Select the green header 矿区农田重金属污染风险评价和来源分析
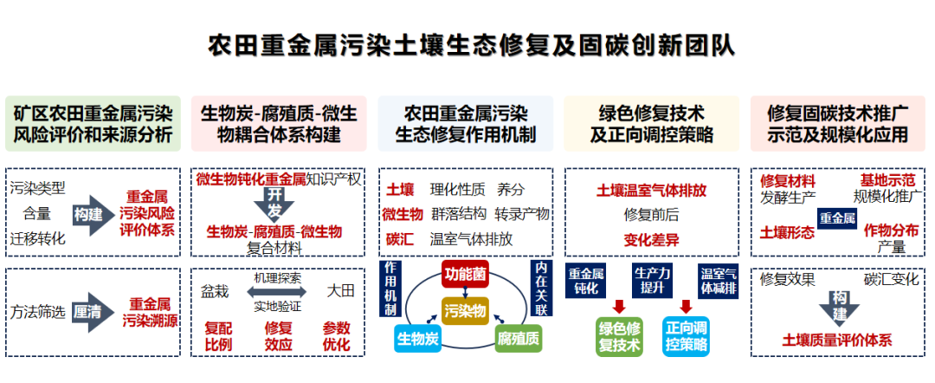coord(93,124)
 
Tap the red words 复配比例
coord(217,336)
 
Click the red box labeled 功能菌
coord(466,274)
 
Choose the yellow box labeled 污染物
coord(466,309)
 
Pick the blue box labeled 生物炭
coord(420,337)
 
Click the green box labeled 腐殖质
coord(519,337)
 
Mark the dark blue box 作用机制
coord(391,289)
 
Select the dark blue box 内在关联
coord(541,289)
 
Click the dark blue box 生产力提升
coord(652,281)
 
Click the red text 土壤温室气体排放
coord(652,190)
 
